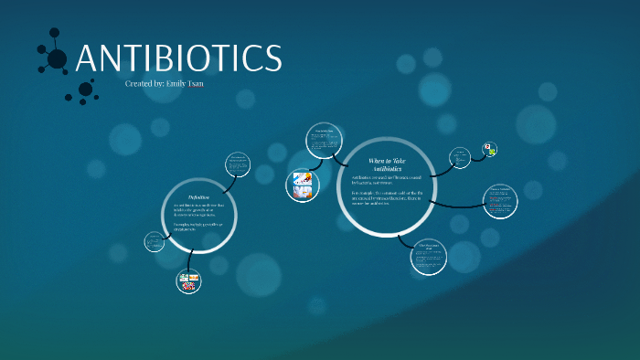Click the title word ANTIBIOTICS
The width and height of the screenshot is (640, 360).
[x=179, y=59]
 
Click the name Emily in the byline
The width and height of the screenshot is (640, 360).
[x=179, y=84]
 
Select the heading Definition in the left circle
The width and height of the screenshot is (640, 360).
[x=198, y=197]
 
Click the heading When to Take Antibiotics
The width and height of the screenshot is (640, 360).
[x=386, y=165]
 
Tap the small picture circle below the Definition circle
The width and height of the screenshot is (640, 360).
[x=188, y=281]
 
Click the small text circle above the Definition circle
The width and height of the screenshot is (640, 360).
[x=238, y=164]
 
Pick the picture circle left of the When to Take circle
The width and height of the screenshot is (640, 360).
[x=303, y=185]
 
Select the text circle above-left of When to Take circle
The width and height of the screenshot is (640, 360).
[x=325, y=140]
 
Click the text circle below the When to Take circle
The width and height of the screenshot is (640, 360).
[x=429, y=255]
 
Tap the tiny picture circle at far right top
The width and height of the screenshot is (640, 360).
[x=491, y=149]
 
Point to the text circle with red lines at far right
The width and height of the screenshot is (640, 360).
[x=500, y=201]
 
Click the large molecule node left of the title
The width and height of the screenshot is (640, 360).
[x=57, y=59]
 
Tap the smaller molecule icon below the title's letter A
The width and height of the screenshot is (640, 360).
[x=85, y=90]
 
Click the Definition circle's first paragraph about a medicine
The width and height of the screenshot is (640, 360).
[x=198, y=211]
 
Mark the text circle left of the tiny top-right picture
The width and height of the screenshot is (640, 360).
[x=461, y=156]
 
